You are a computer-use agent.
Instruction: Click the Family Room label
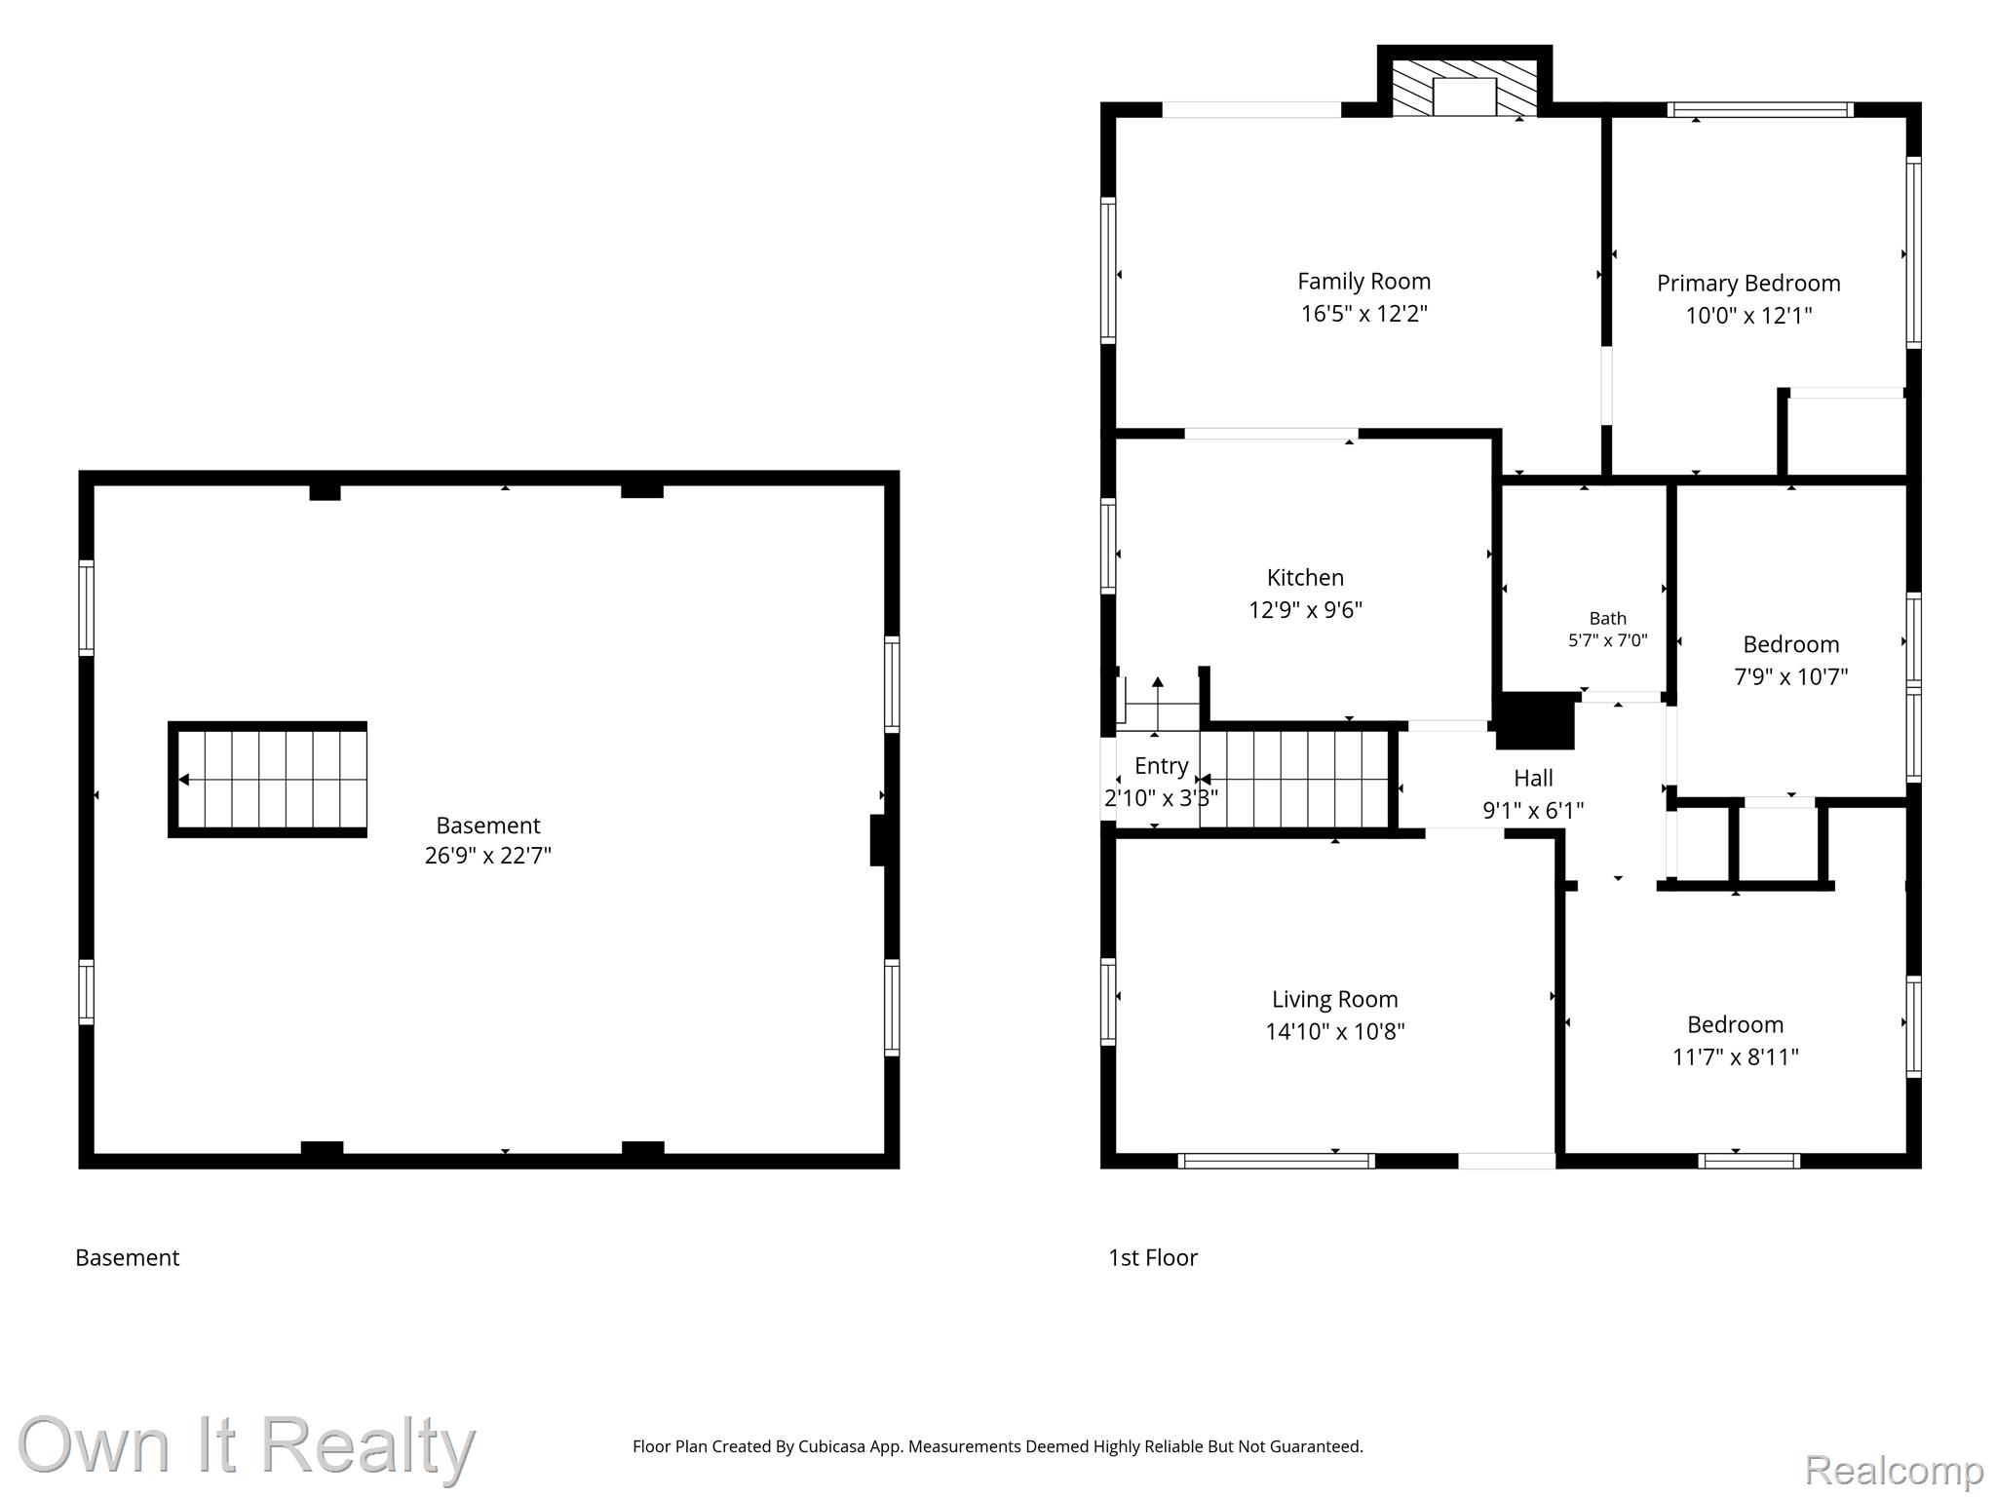coord(1363,282)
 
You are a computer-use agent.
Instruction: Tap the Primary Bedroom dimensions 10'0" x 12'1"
coord(1748,315)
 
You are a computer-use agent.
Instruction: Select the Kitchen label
coord(1305,577)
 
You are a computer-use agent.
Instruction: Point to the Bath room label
coord(1607,618)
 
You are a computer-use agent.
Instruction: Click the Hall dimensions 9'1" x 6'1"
coord(1533,810)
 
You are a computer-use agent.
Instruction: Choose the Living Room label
coord(1334,999)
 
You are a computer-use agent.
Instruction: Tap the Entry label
coord(1161,766)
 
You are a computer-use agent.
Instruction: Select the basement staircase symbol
coord(268,780)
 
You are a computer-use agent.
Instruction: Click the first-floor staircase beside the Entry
coord(1294,780)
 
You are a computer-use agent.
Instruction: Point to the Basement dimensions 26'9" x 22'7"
coord(487,856)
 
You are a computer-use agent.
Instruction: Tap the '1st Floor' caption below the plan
coord(1153,1257)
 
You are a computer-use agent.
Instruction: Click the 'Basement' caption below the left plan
coord(128,1257)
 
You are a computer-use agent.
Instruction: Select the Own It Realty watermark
coord(247,1444)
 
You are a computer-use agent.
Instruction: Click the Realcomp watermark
coord(1894,1470)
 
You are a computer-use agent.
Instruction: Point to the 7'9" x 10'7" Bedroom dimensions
coord(1790,676)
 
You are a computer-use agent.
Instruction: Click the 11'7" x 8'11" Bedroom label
coord(1735,1024)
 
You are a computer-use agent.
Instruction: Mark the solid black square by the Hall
coord(1535,721)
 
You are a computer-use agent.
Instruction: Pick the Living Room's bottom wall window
coord(1276,1161)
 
